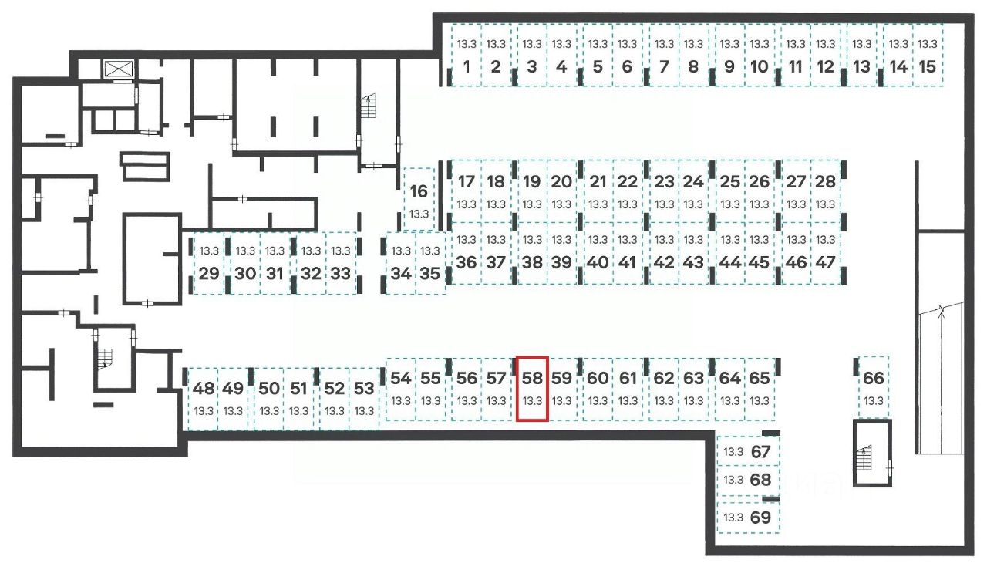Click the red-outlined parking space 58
532,389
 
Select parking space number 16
419,199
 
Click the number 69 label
760,518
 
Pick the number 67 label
760,452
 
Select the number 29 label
208,273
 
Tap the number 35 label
430,273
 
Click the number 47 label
825,262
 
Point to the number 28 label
825,182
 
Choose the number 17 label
466,182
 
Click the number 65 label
760,378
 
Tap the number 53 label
365,388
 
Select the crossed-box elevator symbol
119,68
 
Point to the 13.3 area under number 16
419,214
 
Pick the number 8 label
693,66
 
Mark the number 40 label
598,262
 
